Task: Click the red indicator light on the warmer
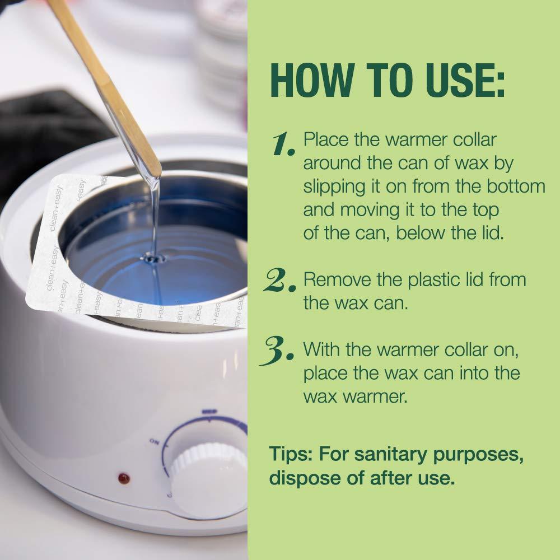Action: [x=124, y=478]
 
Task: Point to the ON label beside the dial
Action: [x=155, y=442]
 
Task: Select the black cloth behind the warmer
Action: [x=45, y=134]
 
